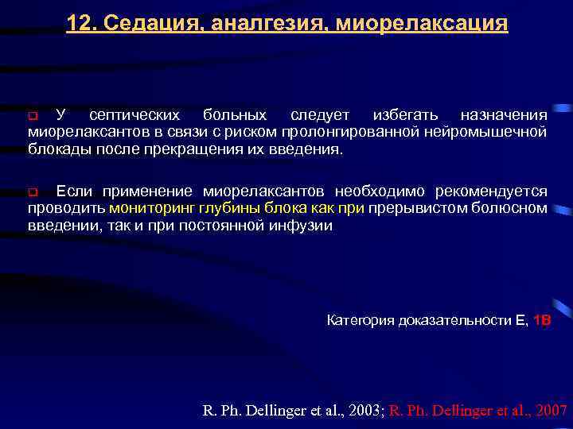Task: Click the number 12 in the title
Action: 79,22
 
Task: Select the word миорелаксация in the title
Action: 422,22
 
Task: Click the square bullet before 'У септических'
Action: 33,118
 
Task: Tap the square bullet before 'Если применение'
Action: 33,192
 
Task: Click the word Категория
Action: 357,320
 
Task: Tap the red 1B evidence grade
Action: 541,320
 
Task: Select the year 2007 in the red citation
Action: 550,410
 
